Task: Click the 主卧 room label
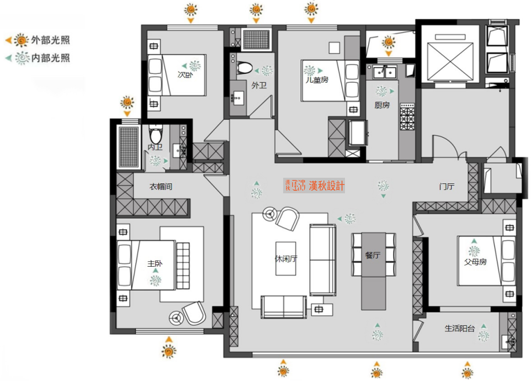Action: coord(155,264)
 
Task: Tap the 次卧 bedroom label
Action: coord(184,75)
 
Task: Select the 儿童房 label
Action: coord(317,80)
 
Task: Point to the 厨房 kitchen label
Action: coord(382,104)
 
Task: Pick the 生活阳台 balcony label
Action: coord(460,329)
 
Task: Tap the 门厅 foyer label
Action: coord(447,187)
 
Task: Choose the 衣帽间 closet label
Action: coord(161,187)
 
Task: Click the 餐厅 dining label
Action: coord(373,255)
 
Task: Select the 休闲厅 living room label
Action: coord(286,258)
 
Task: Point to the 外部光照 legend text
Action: coord(50,40)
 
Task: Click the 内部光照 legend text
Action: coord(50,57)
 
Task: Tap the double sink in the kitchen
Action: coord(385,72)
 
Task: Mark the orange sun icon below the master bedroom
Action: coord(169,350)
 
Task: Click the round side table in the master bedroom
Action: coord(178,317)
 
